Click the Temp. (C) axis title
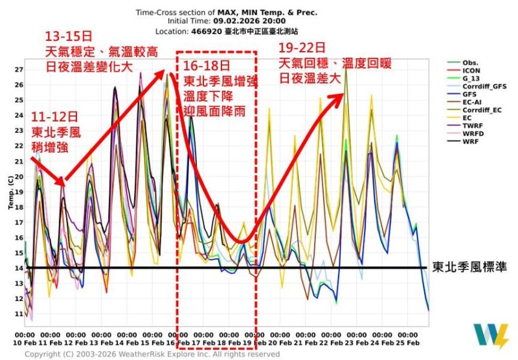coord(9,192)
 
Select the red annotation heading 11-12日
coord(54,117)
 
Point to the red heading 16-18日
coord(206,67)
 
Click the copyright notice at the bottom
coord(152,354)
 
